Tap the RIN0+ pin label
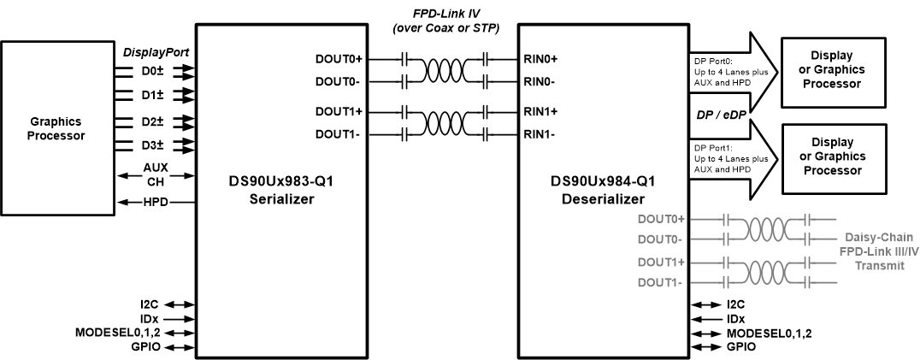(x=540, y=60)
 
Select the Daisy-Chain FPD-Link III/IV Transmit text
(x=867, y=255)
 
